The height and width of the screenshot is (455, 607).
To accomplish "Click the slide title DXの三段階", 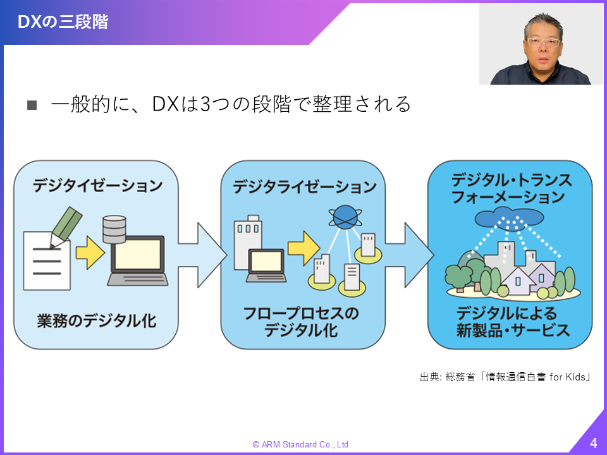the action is [x=63, y=21].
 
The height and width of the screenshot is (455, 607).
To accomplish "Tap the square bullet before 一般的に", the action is [x=32, y=105].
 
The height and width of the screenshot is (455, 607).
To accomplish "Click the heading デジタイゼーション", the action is [x=97, y=185].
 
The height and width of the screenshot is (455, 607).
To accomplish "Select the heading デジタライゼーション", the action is [x=304, y=187].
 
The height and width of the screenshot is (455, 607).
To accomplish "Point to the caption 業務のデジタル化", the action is [x=97, y=321].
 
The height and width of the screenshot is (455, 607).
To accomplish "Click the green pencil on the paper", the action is [x=66, y=227].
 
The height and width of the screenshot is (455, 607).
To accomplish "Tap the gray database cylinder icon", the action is [x=114, y=230].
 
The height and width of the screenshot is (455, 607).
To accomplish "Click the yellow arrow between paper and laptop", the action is [x=90, y=253].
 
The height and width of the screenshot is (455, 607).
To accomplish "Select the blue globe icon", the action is [x=345, y=217].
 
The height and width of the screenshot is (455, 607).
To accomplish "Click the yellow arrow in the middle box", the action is [x=304, y=248].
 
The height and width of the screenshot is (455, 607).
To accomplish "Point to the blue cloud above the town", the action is [x=509, y=217].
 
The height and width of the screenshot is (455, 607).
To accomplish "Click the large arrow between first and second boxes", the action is [x=202, y=255].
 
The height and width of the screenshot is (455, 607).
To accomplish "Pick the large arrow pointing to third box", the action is [x=410, y=255].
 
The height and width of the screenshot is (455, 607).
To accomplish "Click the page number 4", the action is [x=594, y=442].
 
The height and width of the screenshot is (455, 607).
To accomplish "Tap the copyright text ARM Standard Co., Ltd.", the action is [x=302, y=444].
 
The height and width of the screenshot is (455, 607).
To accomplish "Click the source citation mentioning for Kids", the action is [x=505, y=377].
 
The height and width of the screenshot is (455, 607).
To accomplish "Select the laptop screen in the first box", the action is [x=137, y=254].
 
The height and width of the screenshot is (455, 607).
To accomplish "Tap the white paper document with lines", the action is [x=47, y=261].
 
